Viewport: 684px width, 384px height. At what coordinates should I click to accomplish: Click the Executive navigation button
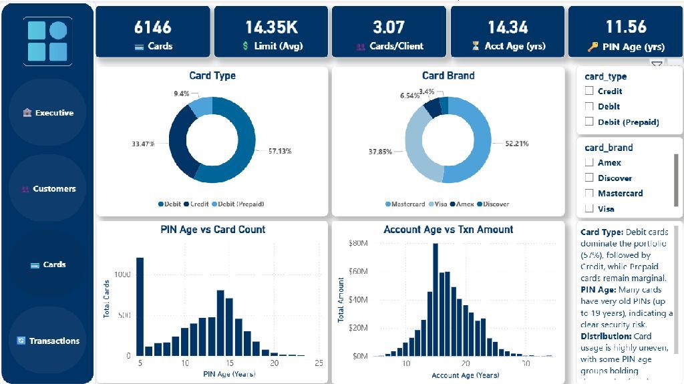pos(48,113)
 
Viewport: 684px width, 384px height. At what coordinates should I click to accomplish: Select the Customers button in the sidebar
pos(48,189)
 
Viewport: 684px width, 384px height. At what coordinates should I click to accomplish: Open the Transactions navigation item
pos(48,341)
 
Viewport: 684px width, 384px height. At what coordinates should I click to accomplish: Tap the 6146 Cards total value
pos(153,27)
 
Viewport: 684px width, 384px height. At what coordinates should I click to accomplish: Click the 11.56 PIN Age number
pos(626,27)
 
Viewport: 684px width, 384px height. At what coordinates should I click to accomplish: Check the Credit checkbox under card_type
pos(589,91)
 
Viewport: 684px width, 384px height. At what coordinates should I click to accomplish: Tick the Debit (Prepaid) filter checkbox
pos(589,122)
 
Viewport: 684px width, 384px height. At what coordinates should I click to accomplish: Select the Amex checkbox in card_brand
pos(589,162)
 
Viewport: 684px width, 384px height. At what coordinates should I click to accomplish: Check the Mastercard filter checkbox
pos(589,193)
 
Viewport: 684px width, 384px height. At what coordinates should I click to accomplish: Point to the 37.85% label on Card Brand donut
pos(381,152)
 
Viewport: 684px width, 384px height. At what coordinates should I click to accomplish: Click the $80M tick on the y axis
pos(359,243)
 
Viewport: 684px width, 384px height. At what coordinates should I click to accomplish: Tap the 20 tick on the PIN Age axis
pos(274,363)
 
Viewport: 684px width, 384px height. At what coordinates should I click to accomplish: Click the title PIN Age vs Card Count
pos(212,230)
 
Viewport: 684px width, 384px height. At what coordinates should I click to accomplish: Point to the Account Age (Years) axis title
pos(465,375)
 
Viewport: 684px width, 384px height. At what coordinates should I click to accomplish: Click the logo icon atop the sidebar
pos(47,41)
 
